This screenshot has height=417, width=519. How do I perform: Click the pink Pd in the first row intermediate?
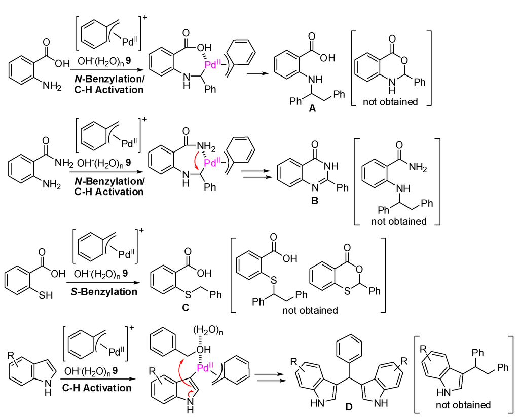(211, 65)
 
